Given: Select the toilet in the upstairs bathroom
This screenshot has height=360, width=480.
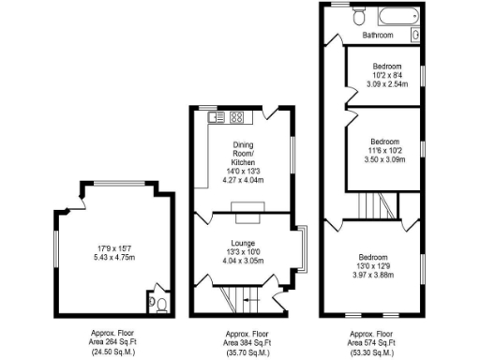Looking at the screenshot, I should tap(356, 16).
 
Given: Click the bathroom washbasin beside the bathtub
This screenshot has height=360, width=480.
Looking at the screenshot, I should tap(415, 36).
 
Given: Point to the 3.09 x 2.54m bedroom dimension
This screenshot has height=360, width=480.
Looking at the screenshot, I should tap(387, 83).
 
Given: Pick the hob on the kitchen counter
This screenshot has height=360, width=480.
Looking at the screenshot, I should tap(236, 118).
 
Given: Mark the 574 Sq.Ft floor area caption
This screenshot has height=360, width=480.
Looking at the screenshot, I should tap(371, 341).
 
